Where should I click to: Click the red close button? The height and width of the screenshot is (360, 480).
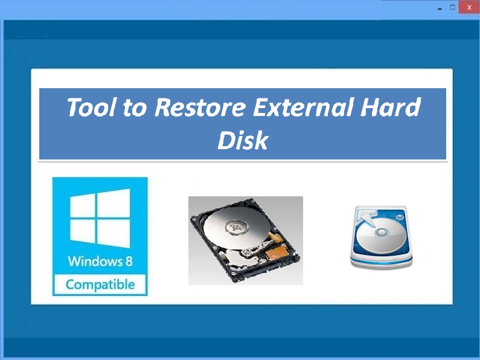pos(469,7)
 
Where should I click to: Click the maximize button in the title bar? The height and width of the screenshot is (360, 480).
pos(452,7)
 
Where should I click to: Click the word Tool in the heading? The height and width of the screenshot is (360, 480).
pos(91,107)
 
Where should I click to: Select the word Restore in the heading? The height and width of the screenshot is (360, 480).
pos(200,107)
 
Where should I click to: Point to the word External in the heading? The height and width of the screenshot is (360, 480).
pos(302,107)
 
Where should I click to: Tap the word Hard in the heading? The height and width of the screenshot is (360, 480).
pos(390,107)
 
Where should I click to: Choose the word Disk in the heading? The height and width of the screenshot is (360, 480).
pos(243,140)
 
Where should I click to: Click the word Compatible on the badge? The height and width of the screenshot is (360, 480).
pos(100,284)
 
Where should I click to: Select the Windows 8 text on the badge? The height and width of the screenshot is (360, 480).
pos(100,261)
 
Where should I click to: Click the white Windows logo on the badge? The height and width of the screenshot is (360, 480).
pos(100,218)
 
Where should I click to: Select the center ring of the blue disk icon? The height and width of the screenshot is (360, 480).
pos(382,233)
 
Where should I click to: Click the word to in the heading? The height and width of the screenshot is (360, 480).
pos(135,108)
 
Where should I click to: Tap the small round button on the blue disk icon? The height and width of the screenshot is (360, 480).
pos(400,217)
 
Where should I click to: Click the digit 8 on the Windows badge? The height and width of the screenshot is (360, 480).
pos(129,261)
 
